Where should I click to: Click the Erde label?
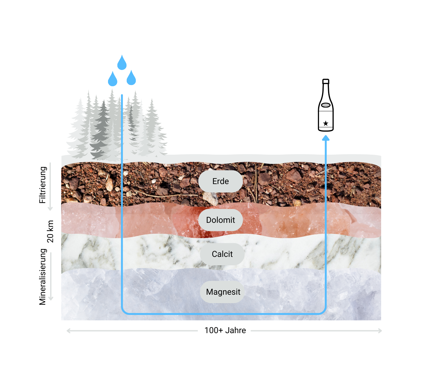220,181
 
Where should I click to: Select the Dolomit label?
220,220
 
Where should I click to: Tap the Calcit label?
222,254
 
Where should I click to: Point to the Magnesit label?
223,292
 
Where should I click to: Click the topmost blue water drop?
122,63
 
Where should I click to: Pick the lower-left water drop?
112,79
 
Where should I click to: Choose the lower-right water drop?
131,78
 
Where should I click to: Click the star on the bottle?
326,123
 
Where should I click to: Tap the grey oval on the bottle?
326,105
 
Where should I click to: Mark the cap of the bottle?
326,81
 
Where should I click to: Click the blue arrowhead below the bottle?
326,138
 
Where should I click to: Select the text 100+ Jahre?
225,330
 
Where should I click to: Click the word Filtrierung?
42,185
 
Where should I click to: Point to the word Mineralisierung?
42,277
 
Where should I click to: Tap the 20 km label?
50,231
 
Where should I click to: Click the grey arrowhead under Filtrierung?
50,208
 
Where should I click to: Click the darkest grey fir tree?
102,131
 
